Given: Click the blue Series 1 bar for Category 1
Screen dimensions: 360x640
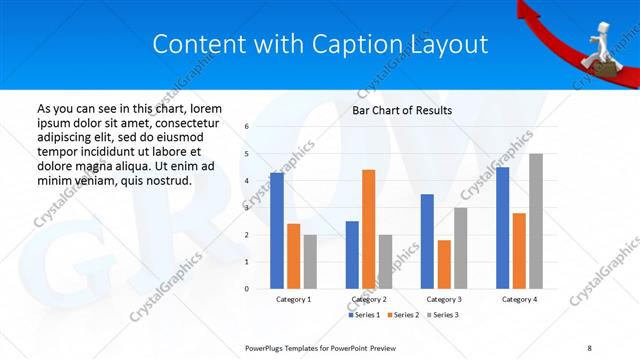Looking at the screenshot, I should (276, 230).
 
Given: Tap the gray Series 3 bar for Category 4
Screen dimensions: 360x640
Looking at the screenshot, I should (536, 221).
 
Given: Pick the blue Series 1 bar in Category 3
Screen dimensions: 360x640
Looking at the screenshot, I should (427, 241).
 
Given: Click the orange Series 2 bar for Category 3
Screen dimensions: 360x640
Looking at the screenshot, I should (444, 264).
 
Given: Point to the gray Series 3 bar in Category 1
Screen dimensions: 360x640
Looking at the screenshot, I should (310, 261).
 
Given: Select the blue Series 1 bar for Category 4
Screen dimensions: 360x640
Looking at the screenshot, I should (502, 227).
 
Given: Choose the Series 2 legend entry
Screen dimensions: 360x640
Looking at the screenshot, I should (402, 315).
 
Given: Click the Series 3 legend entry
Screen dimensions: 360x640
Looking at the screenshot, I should (440, 315).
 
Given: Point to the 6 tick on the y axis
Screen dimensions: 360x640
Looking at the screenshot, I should (247, 127).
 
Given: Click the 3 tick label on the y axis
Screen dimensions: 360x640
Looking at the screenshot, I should (247, 208).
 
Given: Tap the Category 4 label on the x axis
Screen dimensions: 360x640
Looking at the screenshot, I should (519, 299).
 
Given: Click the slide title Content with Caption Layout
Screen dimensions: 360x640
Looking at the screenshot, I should (320, 44).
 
